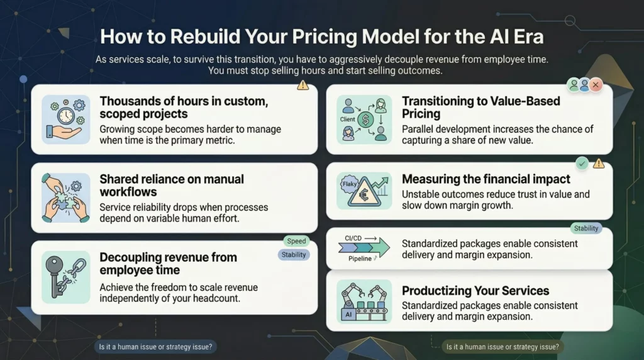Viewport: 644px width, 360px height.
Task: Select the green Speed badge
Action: [296, 241]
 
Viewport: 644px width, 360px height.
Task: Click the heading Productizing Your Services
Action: [475, 291]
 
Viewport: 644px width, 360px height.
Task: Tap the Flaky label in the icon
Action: [349, 184]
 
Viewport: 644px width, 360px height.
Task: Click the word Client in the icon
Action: [347, 118]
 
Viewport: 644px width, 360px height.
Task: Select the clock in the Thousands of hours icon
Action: [65, 116]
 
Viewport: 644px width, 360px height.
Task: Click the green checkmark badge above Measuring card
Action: [582, 164]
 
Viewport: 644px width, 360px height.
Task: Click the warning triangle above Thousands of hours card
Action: [303, 84]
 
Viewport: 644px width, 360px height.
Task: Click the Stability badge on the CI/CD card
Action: [586, 228]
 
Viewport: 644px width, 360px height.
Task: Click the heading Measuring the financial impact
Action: [486, 179]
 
